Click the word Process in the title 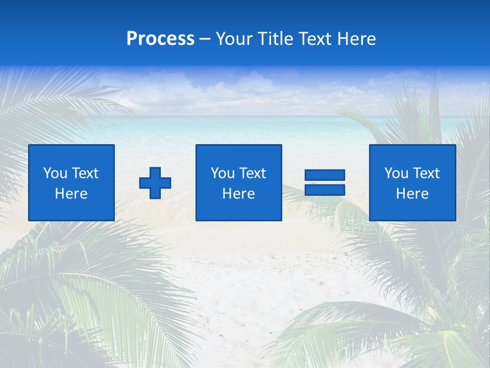(x=160, y=39)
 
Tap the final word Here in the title (x=357, y=39)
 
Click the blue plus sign (x=155, y=182)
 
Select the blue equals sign (x=325, y=182)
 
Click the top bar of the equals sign (x=325, y=175)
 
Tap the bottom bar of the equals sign (x=325, y=190)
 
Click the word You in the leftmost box (x=55, y=173)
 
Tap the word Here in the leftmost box (x=71, y=194)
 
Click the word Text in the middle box (x=253, y=173)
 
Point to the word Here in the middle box (x=238, y=194)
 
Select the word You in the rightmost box (x=396, y=173)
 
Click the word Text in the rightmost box (x=426, y=173)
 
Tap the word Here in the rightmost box (x=412, y=194)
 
